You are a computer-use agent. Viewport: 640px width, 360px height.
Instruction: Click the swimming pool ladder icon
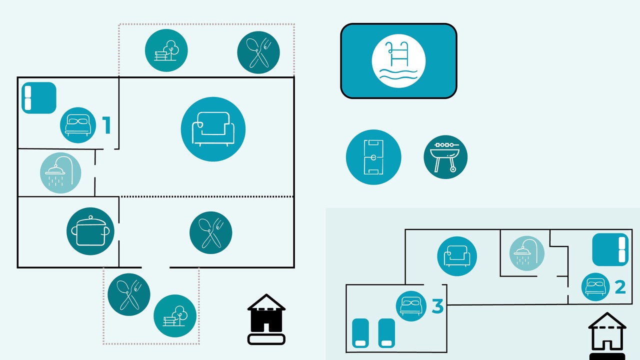[398, 61]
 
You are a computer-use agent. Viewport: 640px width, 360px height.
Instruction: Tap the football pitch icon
[373, 157]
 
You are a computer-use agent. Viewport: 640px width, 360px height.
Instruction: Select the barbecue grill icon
[445, 157]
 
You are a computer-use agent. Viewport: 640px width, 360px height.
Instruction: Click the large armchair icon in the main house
[213, 129]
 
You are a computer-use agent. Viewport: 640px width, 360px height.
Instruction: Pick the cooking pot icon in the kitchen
[90, 231]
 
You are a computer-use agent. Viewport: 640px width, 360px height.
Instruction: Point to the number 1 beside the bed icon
[106, 125]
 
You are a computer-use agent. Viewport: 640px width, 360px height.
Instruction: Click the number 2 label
[620, 287]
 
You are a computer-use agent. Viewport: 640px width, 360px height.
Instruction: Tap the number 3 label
[437, 306]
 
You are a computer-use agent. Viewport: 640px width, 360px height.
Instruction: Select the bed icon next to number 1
[78, 125]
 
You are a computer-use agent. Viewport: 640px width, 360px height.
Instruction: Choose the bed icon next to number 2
[595, 287]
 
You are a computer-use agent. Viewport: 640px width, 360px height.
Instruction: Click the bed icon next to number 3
[411, 306]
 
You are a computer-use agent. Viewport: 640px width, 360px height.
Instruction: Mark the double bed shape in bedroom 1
[39, 98]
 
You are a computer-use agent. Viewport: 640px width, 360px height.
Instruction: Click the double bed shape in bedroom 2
[610, 249]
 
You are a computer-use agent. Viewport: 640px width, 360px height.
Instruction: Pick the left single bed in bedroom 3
[360, 333]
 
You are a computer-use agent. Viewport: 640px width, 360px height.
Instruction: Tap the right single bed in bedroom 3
[386, 333]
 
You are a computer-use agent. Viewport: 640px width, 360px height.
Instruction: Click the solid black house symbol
[266, 319]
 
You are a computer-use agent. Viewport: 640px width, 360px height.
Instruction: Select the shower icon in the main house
[60, 173]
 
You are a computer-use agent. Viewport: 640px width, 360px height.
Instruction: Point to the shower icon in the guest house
[527, 253]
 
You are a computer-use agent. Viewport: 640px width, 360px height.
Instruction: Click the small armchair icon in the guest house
[457, 256]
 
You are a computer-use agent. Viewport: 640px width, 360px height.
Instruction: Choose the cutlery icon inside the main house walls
[211, 233]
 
